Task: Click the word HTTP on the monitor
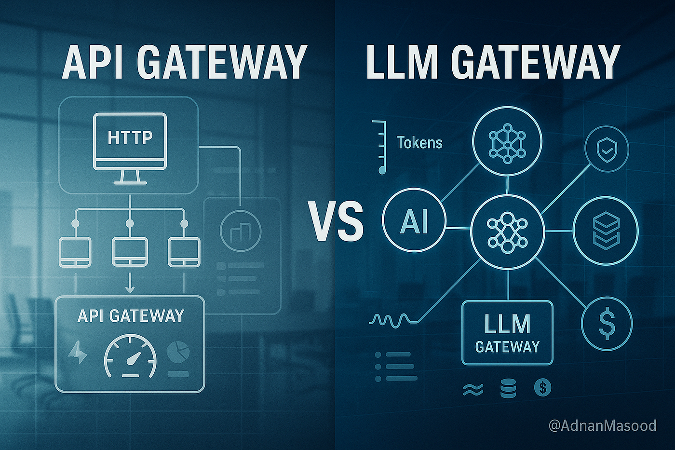(x=130, y=137)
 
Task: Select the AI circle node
(x=414, y=221)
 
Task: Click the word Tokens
(x=419, y=143)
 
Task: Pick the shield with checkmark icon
(x=606, y=150)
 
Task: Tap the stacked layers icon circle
(x=606, y=231)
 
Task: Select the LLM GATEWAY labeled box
(x=507, y=333)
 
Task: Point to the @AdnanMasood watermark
(x=602, y=425)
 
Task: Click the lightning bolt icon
(x=78, y=353)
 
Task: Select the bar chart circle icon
(x=240, y=231)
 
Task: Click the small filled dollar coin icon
(x=543, y=387)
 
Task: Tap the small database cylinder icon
(x=508, y=388)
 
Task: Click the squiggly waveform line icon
(x=393, y=319)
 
